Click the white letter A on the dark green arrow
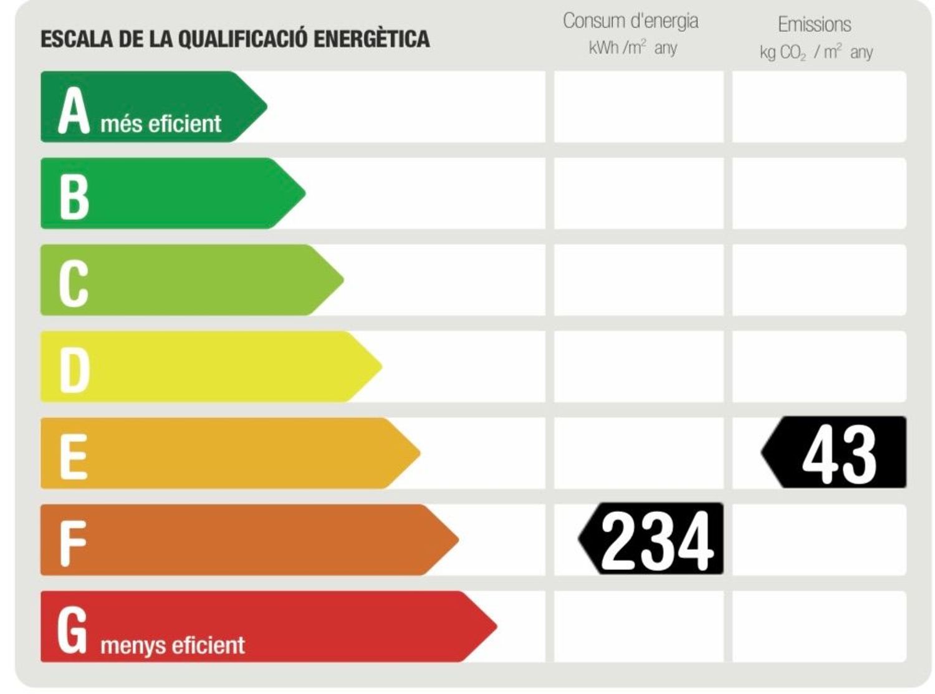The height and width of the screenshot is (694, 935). click(x=74, y=111)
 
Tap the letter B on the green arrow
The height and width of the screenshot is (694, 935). click(x=74, y=196)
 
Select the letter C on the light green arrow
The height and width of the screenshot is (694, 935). click(x=74, y=283)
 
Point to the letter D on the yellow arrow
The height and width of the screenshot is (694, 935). click(x=75, y=370)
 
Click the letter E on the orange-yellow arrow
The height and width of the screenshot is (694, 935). click(x=73, y=456)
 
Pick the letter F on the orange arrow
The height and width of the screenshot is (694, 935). click(x=72, y=543)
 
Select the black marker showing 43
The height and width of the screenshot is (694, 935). click(x=835, y=453)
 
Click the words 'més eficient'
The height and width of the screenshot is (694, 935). click(x=161, y=123)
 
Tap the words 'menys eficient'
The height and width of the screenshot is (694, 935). click(x=173, y=645)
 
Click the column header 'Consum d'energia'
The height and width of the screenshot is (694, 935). click(x=630, y=21)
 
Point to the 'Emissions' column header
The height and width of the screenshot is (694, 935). click(x=814, y=24)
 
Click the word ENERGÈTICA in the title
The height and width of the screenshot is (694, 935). click(x=372, y=39)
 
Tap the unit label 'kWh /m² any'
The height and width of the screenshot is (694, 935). click(x=632, y=48)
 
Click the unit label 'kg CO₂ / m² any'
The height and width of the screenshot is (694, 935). click(x=815, y=52)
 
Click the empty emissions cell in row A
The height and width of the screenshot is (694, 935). click(x=819, y=107)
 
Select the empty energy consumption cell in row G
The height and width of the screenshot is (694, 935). click(x=639, y=626)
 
